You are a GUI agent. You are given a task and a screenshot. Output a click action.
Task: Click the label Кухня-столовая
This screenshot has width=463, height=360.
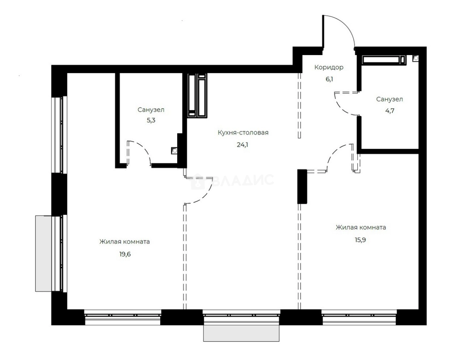click(243, 133)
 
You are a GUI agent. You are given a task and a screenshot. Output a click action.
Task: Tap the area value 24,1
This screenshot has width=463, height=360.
click(242, 145)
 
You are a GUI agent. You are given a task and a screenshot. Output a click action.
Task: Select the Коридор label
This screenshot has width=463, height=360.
click(329, 67)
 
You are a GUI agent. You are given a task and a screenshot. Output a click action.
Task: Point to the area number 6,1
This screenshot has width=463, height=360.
click(329, 79)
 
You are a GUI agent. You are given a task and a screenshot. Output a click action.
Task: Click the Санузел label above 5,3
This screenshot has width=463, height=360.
click(151, 110)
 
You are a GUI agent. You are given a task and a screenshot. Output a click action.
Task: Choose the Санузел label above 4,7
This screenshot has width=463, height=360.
click(390, 99)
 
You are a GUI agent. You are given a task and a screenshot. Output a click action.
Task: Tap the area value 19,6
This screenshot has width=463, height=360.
click(125, 254)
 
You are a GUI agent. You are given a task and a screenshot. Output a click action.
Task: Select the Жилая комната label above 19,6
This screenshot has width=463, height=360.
click(124, 242)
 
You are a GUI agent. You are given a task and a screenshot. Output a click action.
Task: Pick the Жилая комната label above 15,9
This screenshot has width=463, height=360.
click(361, 227)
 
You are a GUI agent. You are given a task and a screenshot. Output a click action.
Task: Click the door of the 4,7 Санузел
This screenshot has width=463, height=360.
click(345, 103)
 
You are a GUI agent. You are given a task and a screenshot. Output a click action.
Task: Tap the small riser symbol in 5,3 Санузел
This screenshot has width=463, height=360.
click(174, 150)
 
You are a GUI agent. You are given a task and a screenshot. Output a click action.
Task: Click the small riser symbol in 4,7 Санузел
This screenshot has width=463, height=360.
click(416, 58)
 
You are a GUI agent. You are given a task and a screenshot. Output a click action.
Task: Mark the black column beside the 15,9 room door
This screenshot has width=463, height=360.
click(302, 186)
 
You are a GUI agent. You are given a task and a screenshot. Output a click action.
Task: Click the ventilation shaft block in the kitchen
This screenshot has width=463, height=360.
click(197, 95)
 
